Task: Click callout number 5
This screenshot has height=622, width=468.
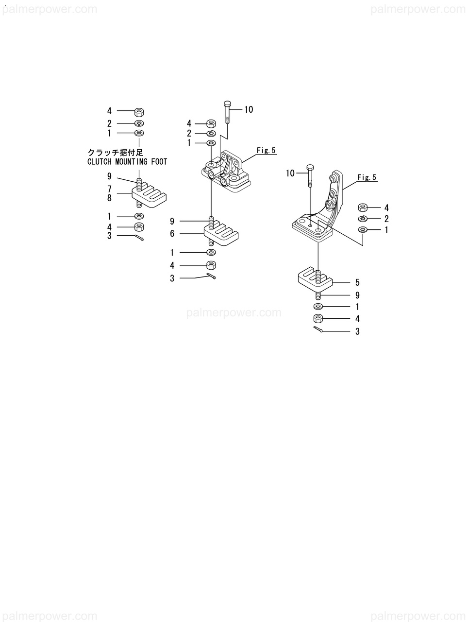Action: point(357,282)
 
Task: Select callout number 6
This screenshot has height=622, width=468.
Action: point(172,234)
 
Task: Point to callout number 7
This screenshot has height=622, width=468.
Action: point(109,189)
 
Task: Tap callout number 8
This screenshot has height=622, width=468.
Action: point(109,198)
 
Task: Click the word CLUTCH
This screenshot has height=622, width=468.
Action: point(100,162)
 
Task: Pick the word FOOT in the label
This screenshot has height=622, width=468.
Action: point(158,162)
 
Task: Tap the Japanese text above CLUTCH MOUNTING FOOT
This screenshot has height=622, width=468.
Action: point(115,153)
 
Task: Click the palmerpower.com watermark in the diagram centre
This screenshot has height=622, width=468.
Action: point(234,312)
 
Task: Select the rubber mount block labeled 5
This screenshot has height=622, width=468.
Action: point(314,278)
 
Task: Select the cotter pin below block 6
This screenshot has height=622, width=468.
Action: point(212,276)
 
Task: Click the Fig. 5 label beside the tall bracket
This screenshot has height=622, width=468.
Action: point(367,177)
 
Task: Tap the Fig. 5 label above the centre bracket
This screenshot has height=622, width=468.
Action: point(266,151)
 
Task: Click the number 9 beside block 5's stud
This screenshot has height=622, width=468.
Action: point(357,295)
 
